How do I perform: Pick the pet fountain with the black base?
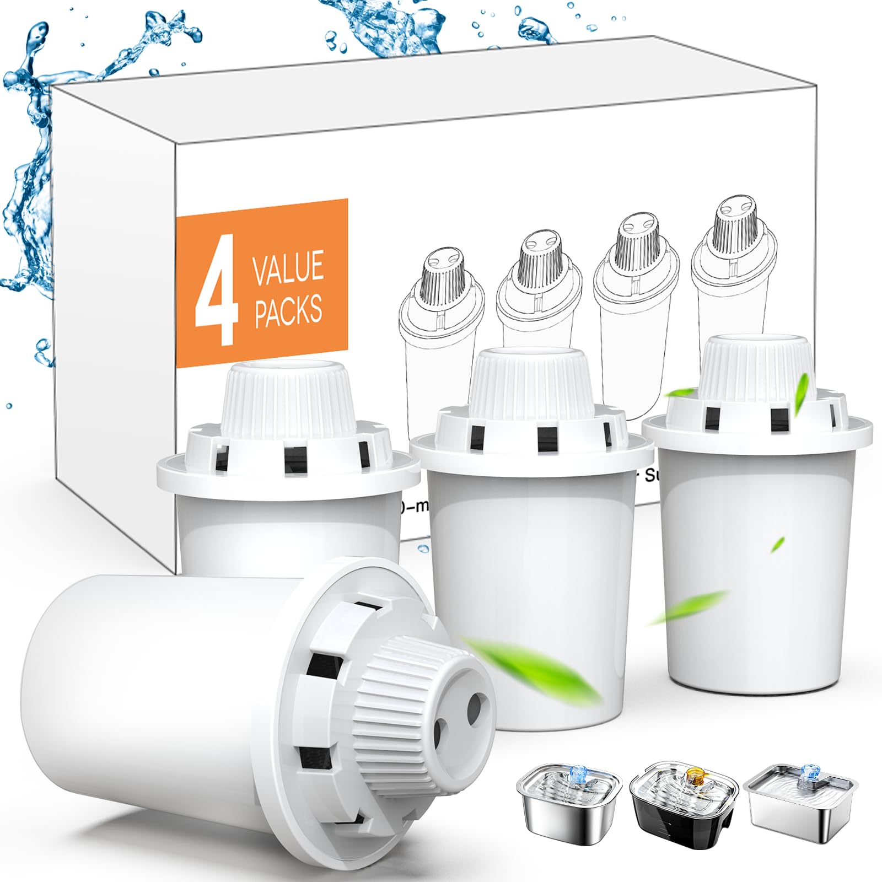pyautogui.click(x=684, y=799)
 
